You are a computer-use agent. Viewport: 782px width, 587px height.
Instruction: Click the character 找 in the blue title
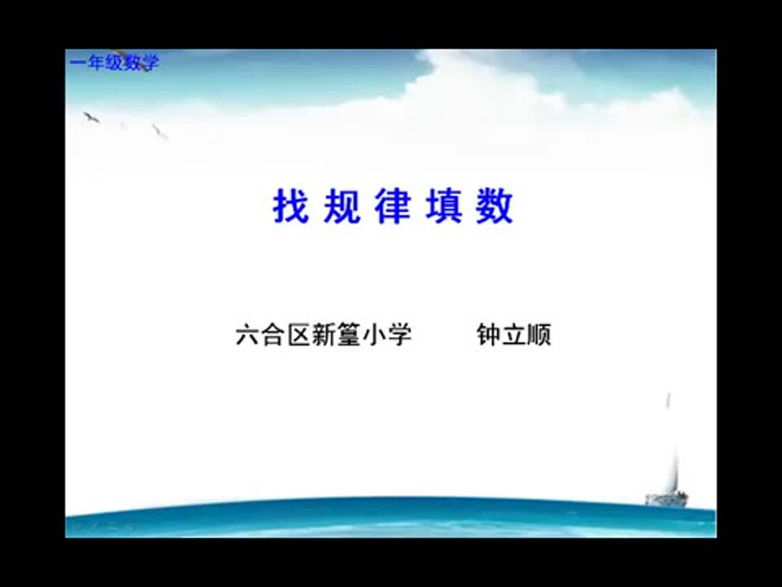tap(291, 207)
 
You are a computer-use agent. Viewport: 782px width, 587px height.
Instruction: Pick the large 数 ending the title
tap(494, 207)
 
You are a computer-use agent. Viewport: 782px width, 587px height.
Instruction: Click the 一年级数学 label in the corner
tap(114, 63)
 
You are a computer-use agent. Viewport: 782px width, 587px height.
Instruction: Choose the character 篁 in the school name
tap(349, 335)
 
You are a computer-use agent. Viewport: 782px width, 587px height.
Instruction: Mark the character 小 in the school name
tap(374, 335)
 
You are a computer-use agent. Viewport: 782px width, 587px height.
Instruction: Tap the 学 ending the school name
tap(399, 335)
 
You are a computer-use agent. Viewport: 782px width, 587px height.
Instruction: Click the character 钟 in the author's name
tap(489, 335)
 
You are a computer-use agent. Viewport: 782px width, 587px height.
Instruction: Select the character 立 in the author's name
tap(514, 335)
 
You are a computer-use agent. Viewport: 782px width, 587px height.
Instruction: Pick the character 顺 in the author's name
tap(539, 335)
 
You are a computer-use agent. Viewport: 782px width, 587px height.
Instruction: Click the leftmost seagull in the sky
tap(90, 117)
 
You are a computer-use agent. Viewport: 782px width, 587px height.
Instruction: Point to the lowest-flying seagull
tap(159, 130)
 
